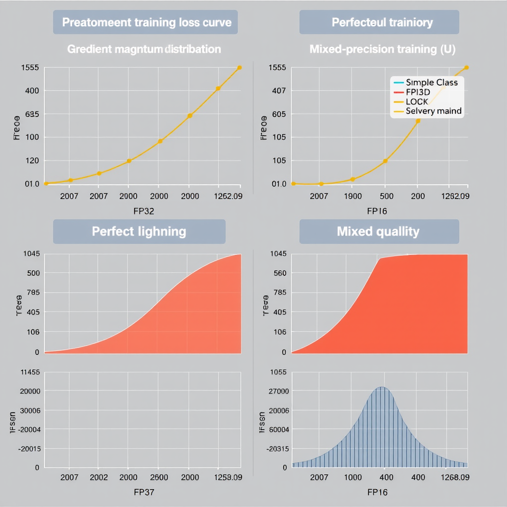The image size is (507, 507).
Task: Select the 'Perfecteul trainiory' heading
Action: pyautogui.click(x=382, y=22)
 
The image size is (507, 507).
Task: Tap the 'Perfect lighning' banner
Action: pyautogui.click(x=139, y=231)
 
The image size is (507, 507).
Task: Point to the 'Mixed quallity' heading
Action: pyautogui.click(x=378, y=231)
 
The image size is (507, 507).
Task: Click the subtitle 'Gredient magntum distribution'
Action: pyautogui.click(x=144, y=49)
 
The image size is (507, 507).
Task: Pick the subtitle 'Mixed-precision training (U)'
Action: pyautogui.click(x=382, y=49)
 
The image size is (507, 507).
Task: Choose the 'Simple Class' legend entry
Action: pyautogui.click(x=431, y=82)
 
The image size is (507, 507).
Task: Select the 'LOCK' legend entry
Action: pyautogui.click(x=417, y=101)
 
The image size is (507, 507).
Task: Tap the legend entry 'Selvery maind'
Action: pyautogui.click(x=433, y=111)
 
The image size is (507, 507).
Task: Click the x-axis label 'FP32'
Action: pyautogui.click(x=144, y=211)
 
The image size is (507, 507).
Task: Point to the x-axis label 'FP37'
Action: pyautogui.click(x=144, y=492)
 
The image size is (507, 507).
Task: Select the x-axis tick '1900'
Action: pyautogui.click(x=353, y=196)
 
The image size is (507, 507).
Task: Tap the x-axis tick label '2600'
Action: pyautogui.click(x=158, y=477)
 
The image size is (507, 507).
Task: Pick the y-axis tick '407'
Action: pyautogui.click(x=279, y=91)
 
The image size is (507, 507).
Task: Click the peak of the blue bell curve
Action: pyautogui.click(x=381, y=387)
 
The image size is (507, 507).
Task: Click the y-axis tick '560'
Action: pyautogui.click(x=279, y=273)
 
